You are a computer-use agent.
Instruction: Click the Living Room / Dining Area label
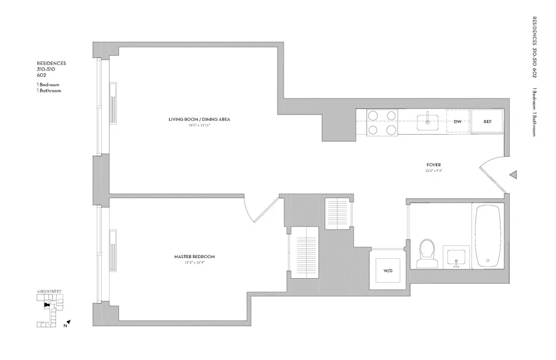[x=199, y=120]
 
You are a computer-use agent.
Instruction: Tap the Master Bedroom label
[x=194, y=257]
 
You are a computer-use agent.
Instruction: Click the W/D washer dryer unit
[x=388, y=271]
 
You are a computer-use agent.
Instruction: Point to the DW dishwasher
[x=458, y=121]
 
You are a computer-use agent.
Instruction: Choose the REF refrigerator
[x=487, y=121]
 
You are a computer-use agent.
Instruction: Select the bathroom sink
[x=456, y=257]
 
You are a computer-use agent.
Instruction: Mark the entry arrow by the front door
[x=513, y=175]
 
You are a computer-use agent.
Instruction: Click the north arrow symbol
[x=68, y=322]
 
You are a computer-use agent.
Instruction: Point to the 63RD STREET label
[x=49, y=292]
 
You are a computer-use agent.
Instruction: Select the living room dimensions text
[x=199, y=126]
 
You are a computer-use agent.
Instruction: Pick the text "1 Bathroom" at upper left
[x=49, y=90]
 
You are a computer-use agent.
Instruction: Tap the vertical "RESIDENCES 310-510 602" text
[x=534, y=50]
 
